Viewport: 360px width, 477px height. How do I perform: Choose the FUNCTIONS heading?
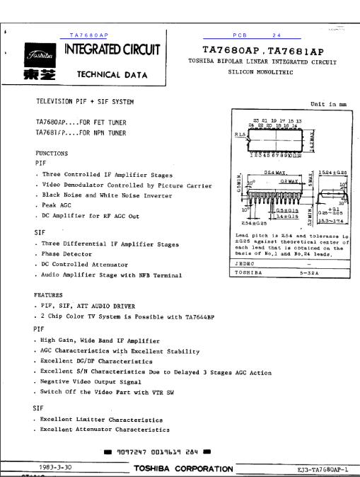[x=52, y=152]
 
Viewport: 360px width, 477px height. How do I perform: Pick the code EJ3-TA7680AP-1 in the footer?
[x=318, y=469]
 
